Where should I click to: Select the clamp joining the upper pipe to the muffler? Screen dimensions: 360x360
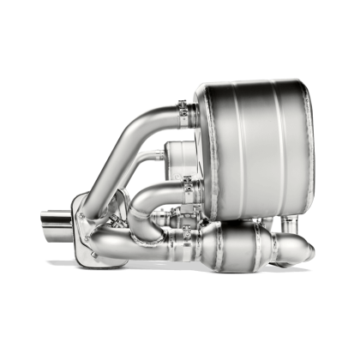click(x=186, y=112)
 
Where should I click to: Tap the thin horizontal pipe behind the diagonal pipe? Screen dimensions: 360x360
click(x=154, y=157)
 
